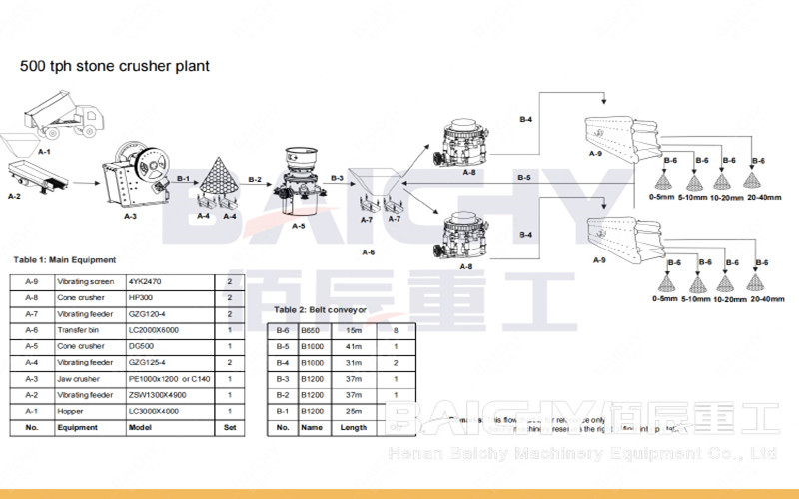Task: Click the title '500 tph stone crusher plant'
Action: (x=115, y=66)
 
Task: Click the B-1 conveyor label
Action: (x=183, y=178)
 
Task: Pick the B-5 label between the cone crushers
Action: (x=524, y=177)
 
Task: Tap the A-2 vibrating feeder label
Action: (x=14, y=196)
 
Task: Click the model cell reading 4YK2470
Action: (x=145, y=282)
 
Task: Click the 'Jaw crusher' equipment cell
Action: (x=76, y=379)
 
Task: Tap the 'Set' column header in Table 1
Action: (x=230, y=427)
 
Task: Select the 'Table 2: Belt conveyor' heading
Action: (x=320, y=310)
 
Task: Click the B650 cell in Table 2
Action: (x=313, y=330)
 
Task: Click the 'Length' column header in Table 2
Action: (x=353, y=427)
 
